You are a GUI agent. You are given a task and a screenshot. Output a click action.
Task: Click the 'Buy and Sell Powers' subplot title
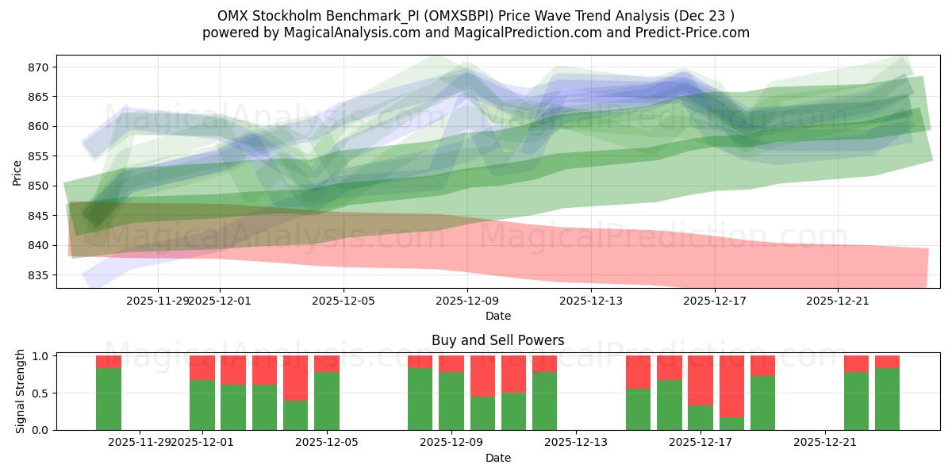[497, 340]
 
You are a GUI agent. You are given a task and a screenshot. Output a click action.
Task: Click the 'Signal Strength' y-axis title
[21, 392]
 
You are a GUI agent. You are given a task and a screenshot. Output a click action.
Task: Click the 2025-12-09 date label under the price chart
[467, 301]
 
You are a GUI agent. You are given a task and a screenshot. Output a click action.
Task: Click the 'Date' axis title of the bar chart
[497, 458]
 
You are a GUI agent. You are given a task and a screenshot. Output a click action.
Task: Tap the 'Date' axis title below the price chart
[497, 316]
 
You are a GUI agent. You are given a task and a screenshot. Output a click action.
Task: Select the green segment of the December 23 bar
[887, 399]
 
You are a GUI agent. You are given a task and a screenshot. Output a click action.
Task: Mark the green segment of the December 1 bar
[202, 405]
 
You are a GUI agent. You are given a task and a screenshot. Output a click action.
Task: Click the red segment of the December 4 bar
[296, 378]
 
